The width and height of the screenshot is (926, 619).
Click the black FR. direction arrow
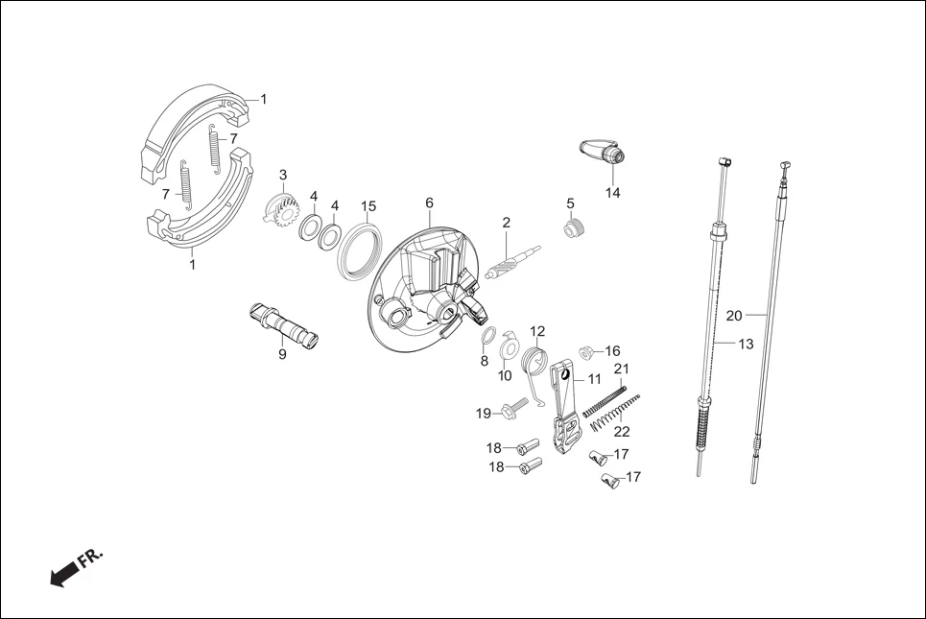coord(64,573)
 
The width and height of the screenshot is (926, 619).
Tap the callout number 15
coord(368,206)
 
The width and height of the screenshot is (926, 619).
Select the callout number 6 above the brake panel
coord(429,202)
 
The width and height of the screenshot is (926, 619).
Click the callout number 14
coord(612,193)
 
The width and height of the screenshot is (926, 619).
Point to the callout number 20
coord(734,315)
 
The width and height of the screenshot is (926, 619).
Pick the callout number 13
coord(746,343)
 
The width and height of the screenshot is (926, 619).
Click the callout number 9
coord(282,354)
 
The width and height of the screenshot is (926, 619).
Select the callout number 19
coord(484,414)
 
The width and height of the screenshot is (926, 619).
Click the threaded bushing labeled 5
coord(573,228)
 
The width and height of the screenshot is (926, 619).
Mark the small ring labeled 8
coord(487,336)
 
